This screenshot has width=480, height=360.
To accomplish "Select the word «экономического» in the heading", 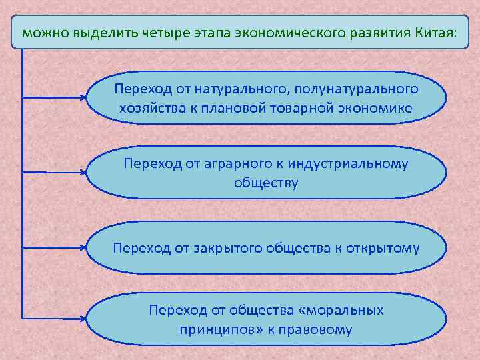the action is [283, 32].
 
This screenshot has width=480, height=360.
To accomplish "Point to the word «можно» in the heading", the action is [41, 32].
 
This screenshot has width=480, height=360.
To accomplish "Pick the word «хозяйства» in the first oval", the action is [147, 108].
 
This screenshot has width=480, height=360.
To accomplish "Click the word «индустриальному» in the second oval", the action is [351, 163].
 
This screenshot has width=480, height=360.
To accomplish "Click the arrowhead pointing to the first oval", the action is [84, 97].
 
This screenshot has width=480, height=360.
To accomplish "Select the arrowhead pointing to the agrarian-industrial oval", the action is [84, 173].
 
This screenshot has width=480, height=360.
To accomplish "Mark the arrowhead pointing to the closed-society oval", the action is [84, 249].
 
